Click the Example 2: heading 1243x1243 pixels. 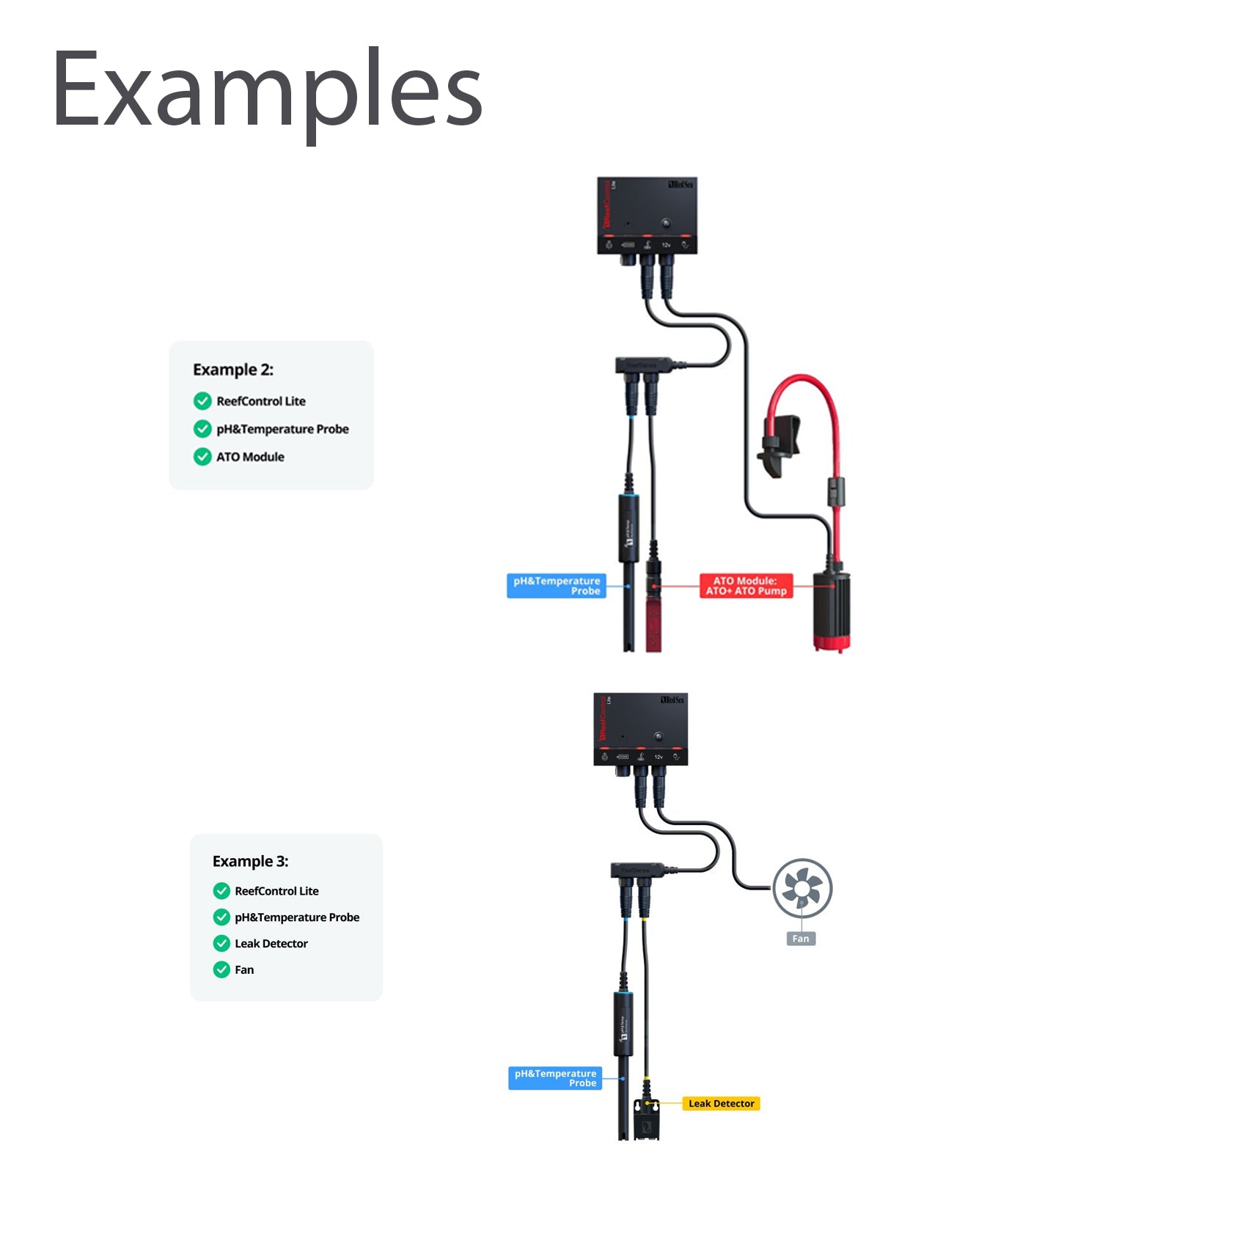pos(233,370)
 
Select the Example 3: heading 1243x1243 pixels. pos(250,861)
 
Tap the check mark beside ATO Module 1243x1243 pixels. pos(202,457)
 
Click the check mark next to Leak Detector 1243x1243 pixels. pos(221,944)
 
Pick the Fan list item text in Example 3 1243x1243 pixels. pos(244,970)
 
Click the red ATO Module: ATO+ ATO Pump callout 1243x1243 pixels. pos(746,586)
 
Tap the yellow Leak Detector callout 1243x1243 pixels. pos(721,1104)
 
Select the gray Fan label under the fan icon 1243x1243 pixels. pos(801,939)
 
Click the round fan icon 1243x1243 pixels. pos(802,889)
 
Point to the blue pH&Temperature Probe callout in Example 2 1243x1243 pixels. pos(557,586)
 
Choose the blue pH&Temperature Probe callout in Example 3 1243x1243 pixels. pos(555,1078)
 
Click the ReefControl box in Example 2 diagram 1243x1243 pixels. pos(647,216)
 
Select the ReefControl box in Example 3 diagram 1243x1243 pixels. pos(640,730)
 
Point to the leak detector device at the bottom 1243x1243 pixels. pos(647,1121)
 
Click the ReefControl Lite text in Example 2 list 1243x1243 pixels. pos(261,401)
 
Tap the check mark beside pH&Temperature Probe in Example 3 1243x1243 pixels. pos(221,917)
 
